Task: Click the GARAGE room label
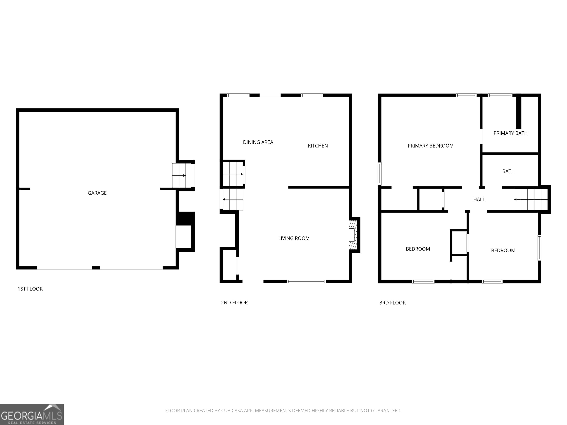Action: pos(97,193)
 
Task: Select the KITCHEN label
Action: pos(318,146)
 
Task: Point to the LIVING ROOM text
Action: pos(294,238)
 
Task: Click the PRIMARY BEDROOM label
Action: pos(430,146)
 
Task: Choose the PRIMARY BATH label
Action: pos(510,133)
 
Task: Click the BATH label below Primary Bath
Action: pos(508,171)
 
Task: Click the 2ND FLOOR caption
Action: pos(234,303)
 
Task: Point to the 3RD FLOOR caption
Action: pos(392,303)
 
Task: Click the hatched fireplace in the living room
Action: pos(353,235)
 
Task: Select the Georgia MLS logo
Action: pos(32,414)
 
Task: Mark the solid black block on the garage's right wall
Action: pos(185,219)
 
